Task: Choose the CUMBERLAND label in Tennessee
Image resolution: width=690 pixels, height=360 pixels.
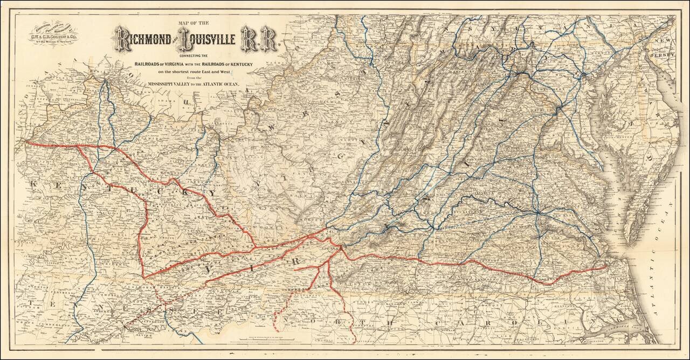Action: tap(54, 327)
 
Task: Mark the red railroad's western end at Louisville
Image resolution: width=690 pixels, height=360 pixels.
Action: tap(26, 143)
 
